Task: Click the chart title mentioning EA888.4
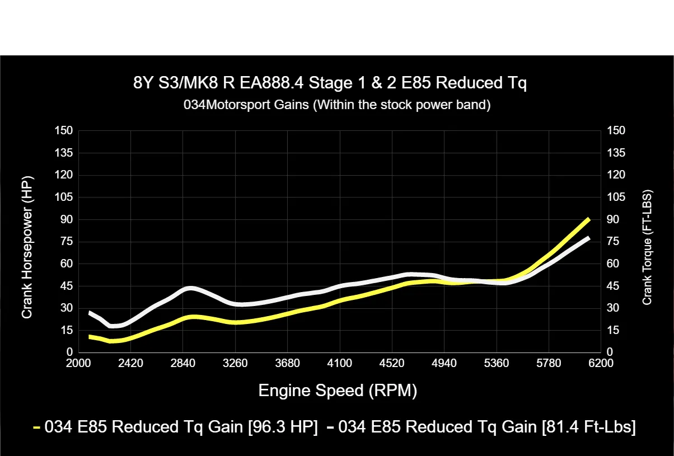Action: (x=330, y=83)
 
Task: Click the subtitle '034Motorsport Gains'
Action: (x=337, y=105)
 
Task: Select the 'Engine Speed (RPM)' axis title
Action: (x=337, y=390)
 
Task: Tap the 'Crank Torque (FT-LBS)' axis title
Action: (x=648, y=247)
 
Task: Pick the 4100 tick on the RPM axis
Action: (x=340, y=364)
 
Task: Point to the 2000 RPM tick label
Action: (x=78, y=364)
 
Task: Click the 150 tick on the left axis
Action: (x=63, y=131)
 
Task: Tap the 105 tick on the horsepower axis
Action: (x=63, y=197)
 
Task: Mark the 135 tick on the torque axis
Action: (x=615, y=153)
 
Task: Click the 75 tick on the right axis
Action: (x=612, y=241)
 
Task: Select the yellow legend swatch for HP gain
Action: (x=37, y=428)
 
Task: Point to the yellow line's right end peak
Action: (x=588, y=219)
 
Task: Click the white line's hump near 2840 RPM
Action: (x=190, y=289)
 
